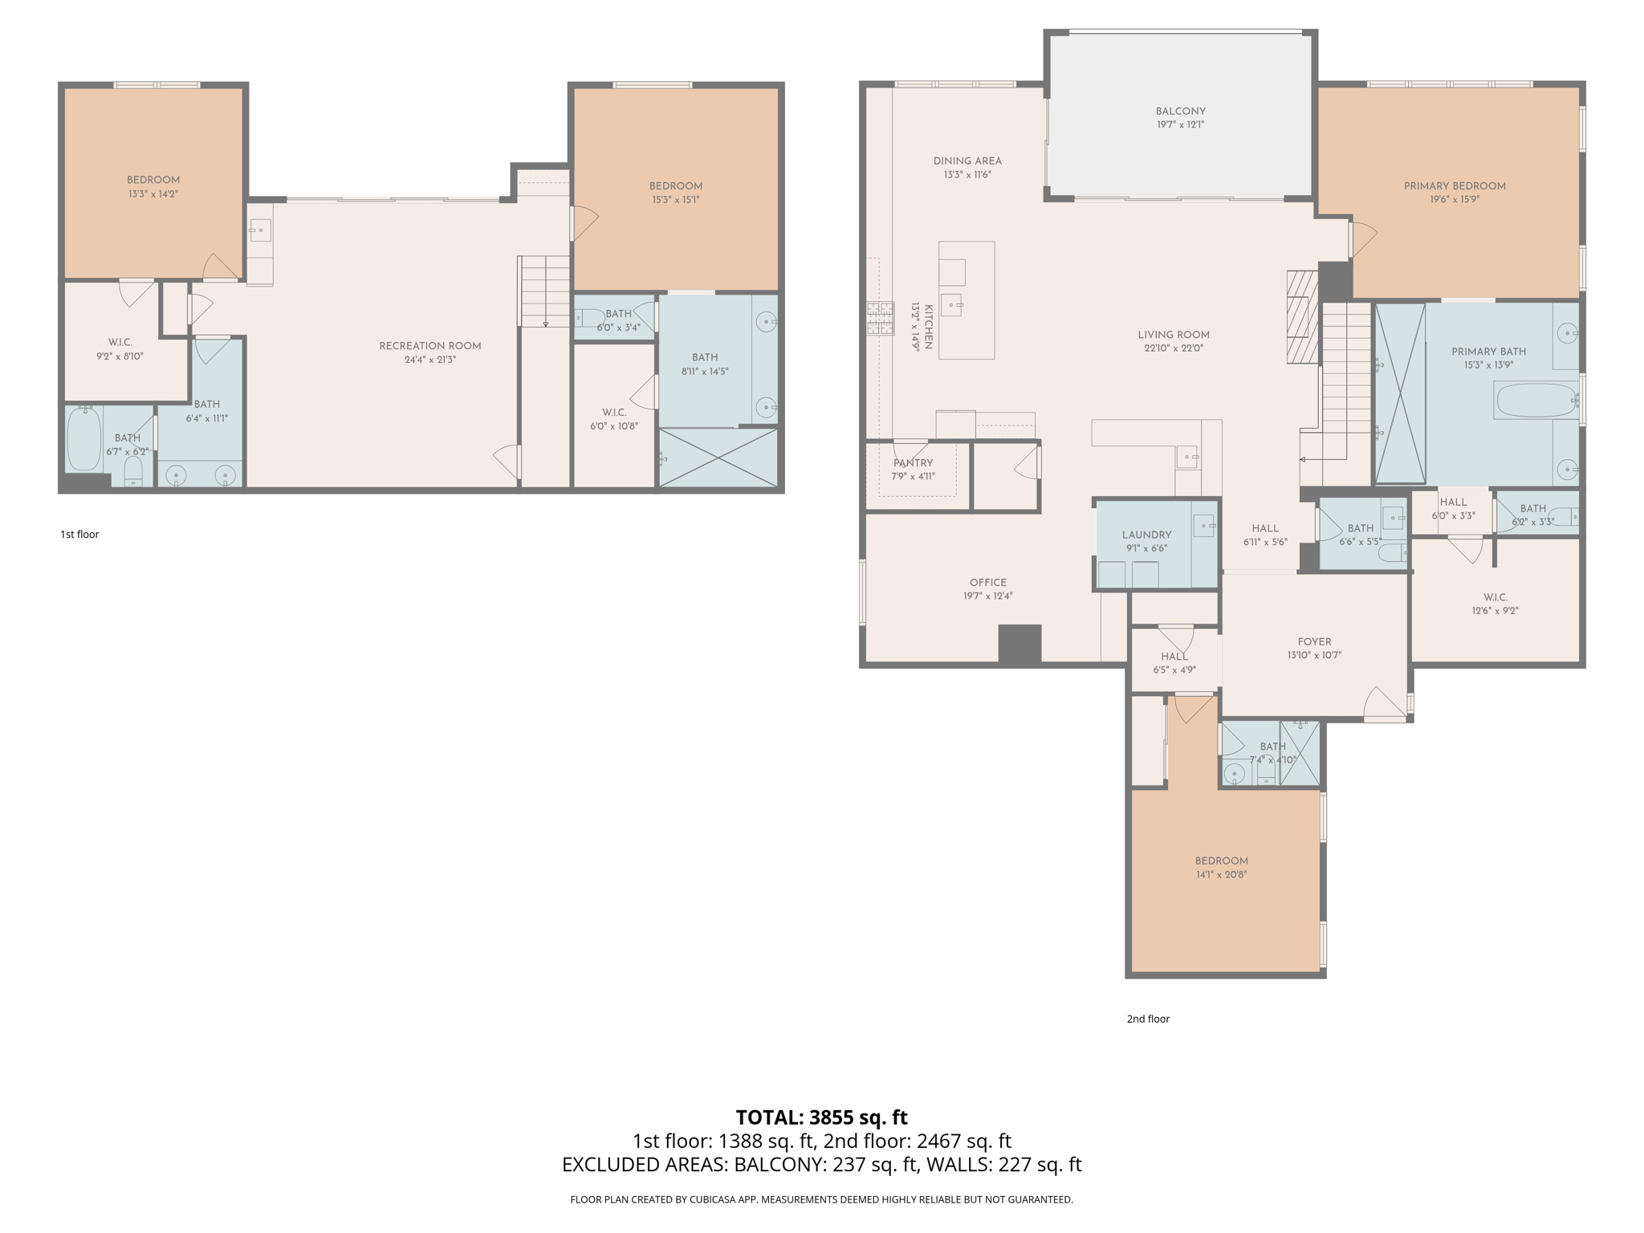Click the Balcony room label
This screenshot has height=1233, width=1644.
point(1180,112)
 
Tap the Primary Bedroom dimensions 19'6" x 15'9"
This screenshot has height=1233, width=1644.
point(1454,200)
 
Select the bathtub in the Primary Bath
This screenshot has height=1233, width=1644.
point(1536,401)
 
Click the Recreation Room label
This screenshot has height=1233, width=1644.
point(430,346)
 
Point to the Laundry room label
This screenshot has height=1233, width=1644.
point(1146,535)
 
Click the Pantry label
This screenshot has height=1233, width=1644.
point(914,463)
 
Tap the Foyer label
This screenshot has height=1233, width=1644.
point(1314,641)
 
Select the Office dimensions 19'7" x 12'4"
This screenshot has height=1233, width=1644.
point(988,596)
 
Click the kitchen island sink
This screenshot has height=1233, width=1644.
point(951,305)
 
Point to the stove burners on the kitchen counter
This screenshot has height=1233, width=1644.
point(880,318)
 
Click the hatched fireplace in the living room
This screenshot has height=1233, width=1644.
point(1302,317)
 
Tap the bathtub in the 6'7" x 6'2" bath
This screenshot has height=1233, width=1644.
point(83,439)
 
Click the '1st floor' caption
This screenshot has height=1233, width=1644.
point(79,535)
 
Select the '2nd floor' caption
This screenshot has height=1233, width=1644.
point(1148,1019)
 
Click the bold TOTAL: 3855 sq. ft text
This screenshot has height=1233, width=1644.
point(821,1117)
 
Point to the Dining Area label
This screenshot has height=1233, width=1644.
point(967,161)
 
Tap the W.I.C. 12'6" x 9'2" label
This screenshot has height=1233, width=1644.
point(1495,597)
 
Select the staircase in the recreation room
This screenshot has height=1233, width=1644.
point(544,291)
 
